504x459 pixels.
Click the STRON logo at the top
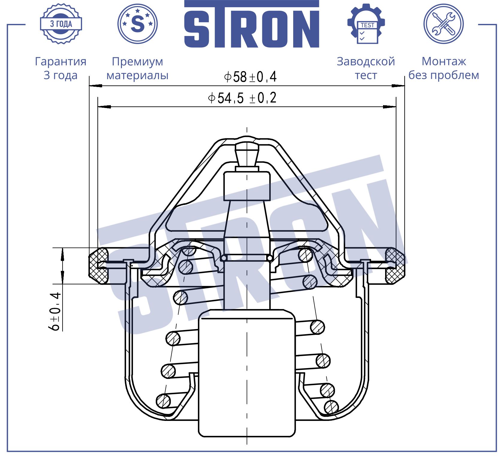[252, 24]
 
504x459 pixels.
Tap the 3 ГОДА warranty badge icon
[61, 24]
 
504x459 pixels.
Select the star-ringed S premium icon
[138, 24]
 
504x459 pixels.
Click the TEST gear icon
[366, 24]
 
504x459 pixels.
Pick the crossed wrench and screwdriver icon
[444, 24]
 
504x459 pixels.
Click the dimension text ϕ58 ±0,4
[250, 77]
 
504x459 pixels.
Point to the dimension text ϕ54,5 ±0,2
[242, 98]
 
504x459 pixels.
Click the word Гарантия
[61, 61]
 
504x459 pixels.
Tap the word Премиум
[137, 61]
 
